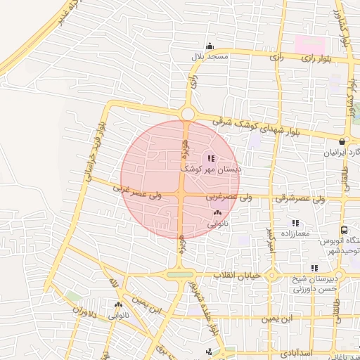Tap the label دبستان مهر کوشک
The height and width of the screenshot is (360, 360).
[x=211, y=169]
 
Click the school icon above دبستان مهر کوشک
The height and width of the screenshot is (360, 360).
[x=212, y=158]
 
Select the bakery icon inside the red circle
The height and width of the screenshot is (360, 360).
[x=217, y=213]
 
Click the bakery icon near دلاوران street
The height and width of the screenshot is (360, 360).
[x=118, y=305]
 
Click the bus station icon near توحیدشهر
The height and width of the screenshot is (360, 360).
[x=344, y=230]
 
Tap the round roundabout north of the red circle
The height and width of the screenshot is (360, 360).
[x=188, y=113]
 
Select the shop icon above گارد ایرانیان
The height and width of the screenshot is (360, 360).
[x=342, y=141]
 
